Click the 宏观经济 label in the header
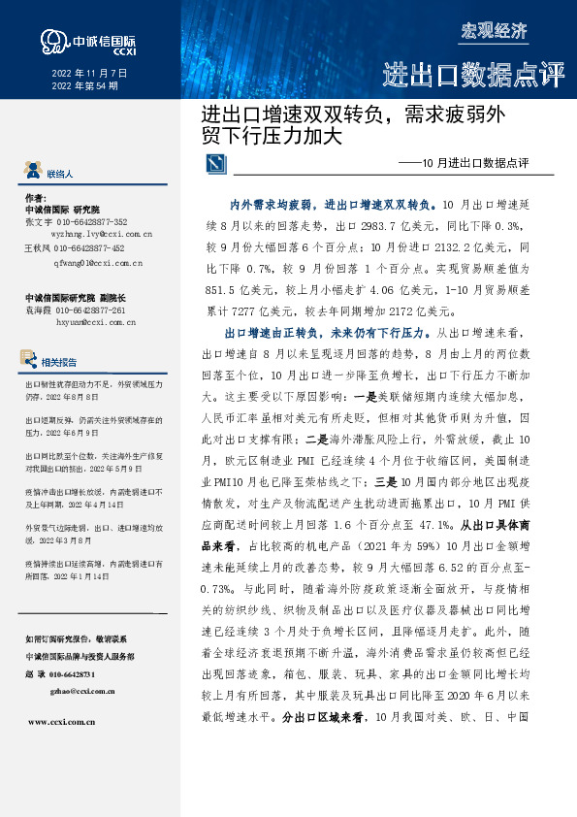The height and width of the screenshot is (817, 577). (x=495, y=30)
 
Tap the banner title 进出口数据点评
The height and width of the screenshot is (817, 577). (x=472, y=75)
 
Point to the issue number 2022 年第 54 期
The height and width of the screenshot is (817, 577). (x=82, y=86)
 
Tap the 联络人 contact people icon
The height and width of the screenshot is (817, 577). (x=32, y=172)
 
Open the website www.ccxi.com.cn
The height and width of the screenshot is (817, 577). (x=62, y=723)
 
